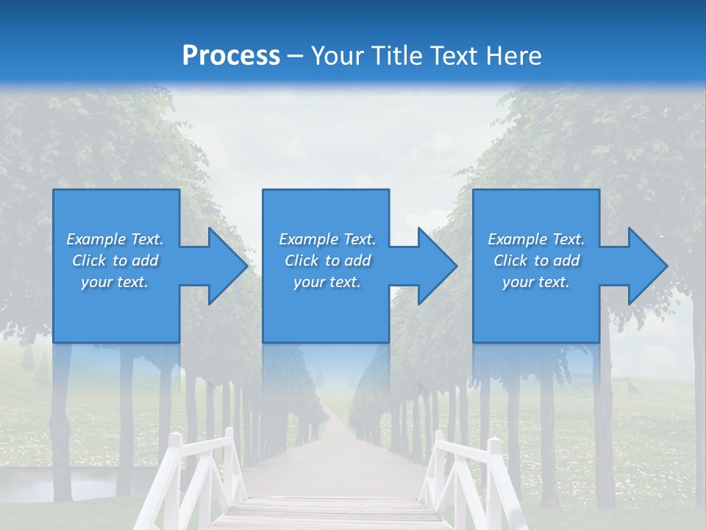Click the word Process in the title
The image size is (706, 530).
231,56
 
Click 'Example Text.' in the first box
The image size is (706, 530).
115,239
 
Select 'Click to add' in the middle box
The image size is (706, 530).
327,261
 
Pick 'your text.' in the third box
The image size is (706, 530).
536,282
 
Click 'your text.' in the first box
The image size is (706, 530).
115,282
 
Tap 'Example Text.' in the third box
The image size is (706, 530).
536,239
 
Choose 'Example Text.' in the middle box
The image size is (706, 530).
327,239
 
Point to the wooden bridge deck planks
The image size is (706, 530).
331,512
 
